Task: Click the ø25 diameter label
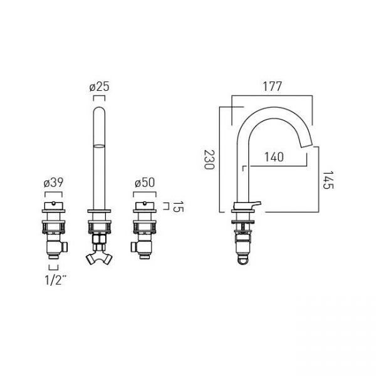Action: [99, 86]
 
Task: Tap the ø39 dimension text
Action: [53, 183]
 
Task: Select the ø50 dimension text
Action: [145, 183]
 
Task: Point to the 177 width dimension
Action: [272, 86]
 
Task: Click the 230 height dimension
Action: [209, 160]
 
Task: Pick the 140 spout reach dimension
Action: [274, 157]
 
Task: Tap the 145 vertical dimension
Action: [328, 180]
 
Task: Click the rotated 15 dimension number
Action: [178, 206]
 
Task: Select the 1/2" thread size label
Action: [56, 280]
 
